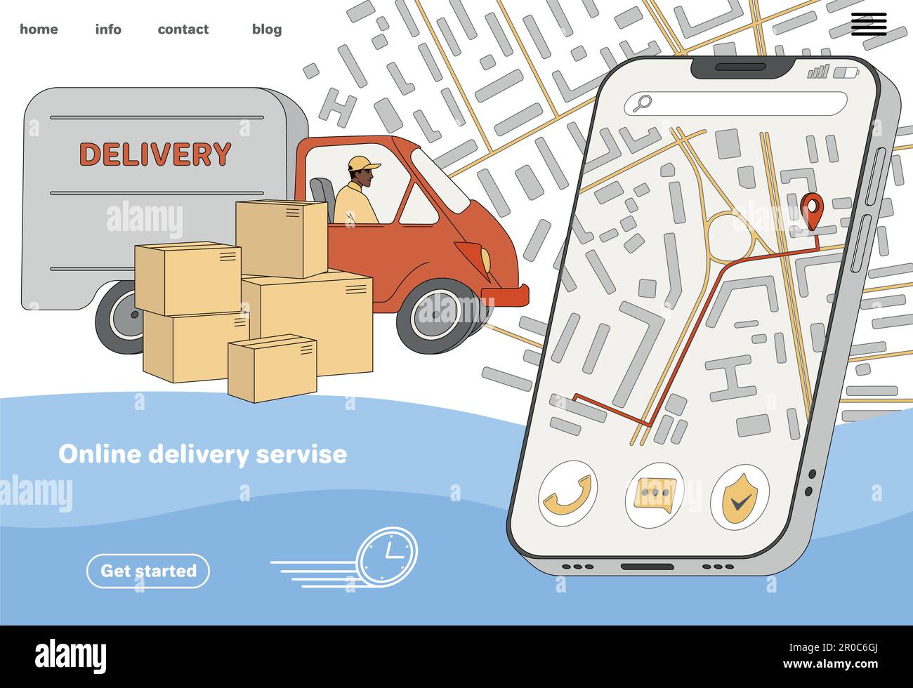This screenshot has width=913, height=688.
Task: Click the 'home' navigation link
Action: (39, 29)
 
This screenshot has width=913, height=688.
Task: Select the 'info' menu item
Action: (108, 29)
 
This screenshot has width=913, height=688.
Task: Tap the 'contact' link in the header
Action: (183, 29)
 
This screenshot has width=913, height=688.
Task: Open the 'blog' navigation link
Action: (267, 29)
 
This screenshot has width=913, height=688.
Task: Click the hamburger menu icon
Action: (869, 24)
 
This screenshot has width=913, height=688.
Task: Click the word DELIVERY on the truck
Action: (155, 154)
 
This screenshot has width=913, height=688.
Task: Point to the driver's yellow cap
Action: (363, 163)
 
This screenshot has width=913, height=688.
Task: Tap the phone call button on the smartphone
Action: (567, 494)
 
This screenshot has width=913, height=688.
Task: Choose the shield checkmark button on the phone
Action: (740, 497)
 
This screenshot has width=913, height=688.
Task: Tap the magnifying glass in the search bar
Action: (642, 103)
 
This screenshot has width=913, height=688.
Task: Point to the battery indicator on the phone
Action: (845, 73)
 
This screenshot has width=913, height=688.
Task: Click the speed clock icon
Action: (388, 557)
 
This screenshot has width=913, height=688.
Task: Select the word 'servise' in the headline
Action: (301, 454)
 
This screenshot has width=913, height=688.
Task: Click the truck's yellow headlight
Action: (485, 259)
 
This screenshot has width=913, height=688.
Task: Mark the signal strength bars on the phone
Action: (818, 72)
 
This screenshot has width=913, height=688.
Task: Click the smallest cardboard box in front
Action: (272, 369)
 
